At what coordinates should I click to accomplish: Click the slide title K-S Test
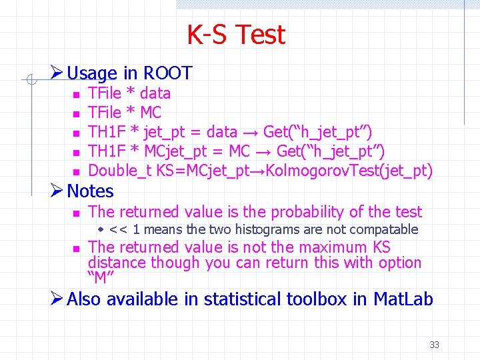click(236, 35)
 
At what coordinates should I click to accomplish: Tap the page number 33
click(434, 345)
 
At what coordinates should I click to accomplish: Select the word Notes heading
click(91, 191)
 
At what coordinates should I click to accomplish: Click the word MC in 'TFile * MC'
click(151, 113)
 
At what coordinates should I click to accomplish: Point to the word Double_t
click(120, 171)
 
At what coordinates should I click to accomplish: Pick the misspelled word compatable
click(383, 230)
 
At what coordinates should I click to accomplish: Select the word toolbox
click(317, 299)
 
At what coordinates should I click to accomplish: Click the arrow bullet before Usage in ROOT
click(57, 73)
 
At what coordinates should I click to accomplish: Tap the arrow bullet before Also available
click(57, 299)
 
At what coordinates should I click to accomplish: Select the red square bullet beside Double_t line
click(76, 172)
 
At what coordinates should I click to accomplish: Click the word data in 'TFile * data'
click(155, 93)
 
